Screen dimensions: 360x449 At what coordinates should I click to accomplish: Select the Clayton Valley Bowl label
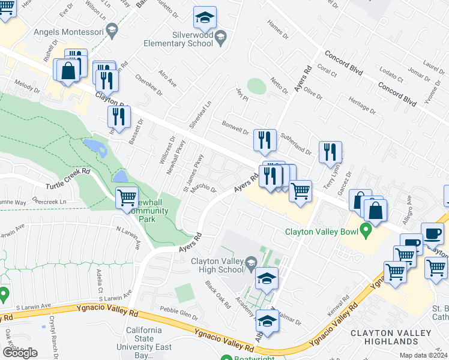click(x=318, y=230)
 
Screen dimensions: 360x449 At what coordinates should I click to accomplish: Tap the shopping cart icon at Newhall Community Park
click(x=126, y=198)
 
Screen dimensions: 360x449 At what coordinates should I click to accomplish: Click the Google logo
click(x=20, y=353)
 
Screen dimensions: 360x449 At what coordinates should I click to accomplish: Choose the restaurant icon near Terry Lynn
click(x=330, y=152)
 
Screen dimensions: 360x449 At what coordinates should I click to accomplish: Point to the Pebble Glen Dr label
click(x=178, y=313)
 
